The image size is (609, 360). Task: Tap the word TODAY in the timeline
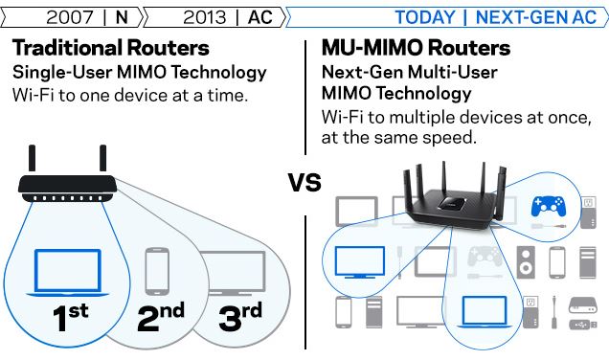click(424, 17)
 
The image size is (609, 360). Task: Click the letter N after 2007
click(120, 17)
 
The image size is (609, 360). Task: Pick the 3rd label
click(239, 317)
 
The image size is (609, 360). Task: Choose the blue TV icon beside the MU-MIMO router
click(359, 259)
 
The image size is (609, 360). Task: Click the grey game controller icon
click(483, 259)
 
